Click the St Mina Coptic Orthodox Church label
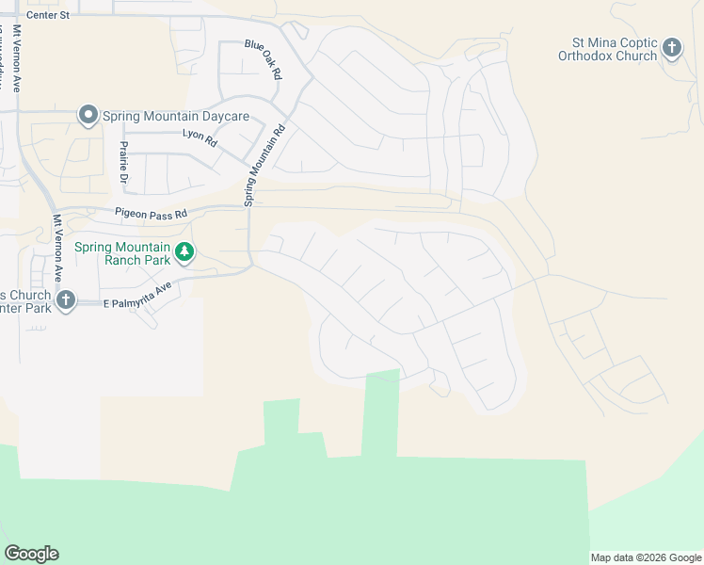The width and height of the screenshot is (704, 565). click(615, 49)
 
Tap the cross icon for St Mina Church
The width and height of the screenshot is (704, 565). click(672, 47)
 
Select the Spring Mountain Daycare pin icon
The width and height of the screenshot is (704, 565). click(88, 115)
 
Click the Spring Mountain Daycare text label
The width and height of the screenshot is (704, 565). click(175, 116)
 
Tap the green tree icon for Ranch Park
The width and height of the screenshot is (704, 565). click(185, 252)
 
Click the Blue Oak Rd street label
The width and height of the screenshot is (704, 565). click(264, 58)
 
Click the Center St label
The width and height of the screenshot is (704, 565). click(49, 16)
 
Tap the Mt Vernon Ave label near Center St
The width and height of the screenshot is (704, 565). click(16, 56)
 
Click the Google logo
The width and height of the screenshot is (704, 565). click(31, 554)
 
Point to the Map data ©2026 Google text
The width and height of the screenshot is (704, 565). click(646, 557)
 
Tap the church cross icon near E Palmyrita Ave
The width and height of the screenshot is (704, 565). click(65, 299)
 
